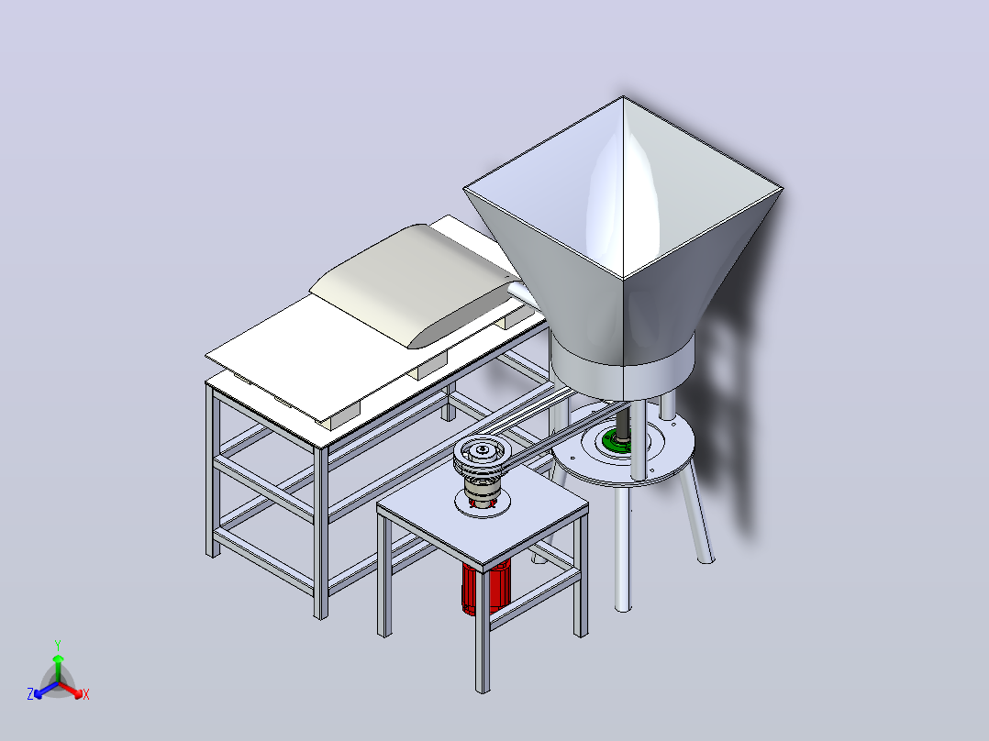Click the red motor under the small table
(x=485, y=588)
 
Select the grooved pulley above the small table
(x=483, y=458)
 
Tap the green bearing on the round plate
(x=617, y=441)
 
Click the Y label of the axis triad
(x=58, y=645)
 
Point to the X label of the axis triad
(x=86, y=694)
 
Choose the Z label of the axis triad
(x=30, y=693)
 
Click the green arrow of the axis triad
(x=58, y=668)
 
